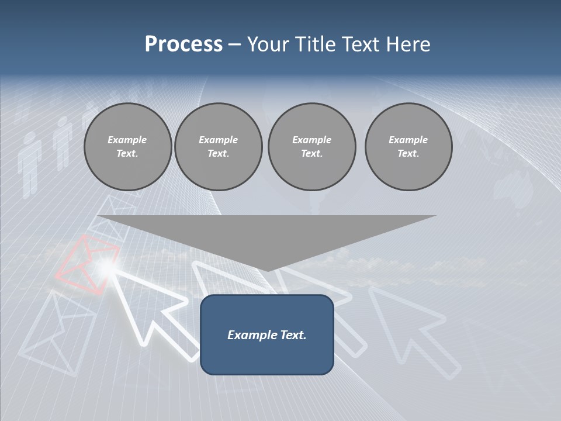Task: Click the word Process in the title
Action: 183,44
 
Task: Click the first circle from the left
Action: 127,147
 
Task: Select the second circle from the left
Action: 218,147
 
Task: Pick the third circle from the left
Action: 311,147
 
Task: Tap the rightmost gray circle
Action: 408,147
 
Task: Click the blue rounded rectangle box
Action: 266,334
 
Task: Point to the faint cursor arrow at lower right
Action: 412,327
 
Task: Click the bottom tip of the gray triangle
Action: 266,270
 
